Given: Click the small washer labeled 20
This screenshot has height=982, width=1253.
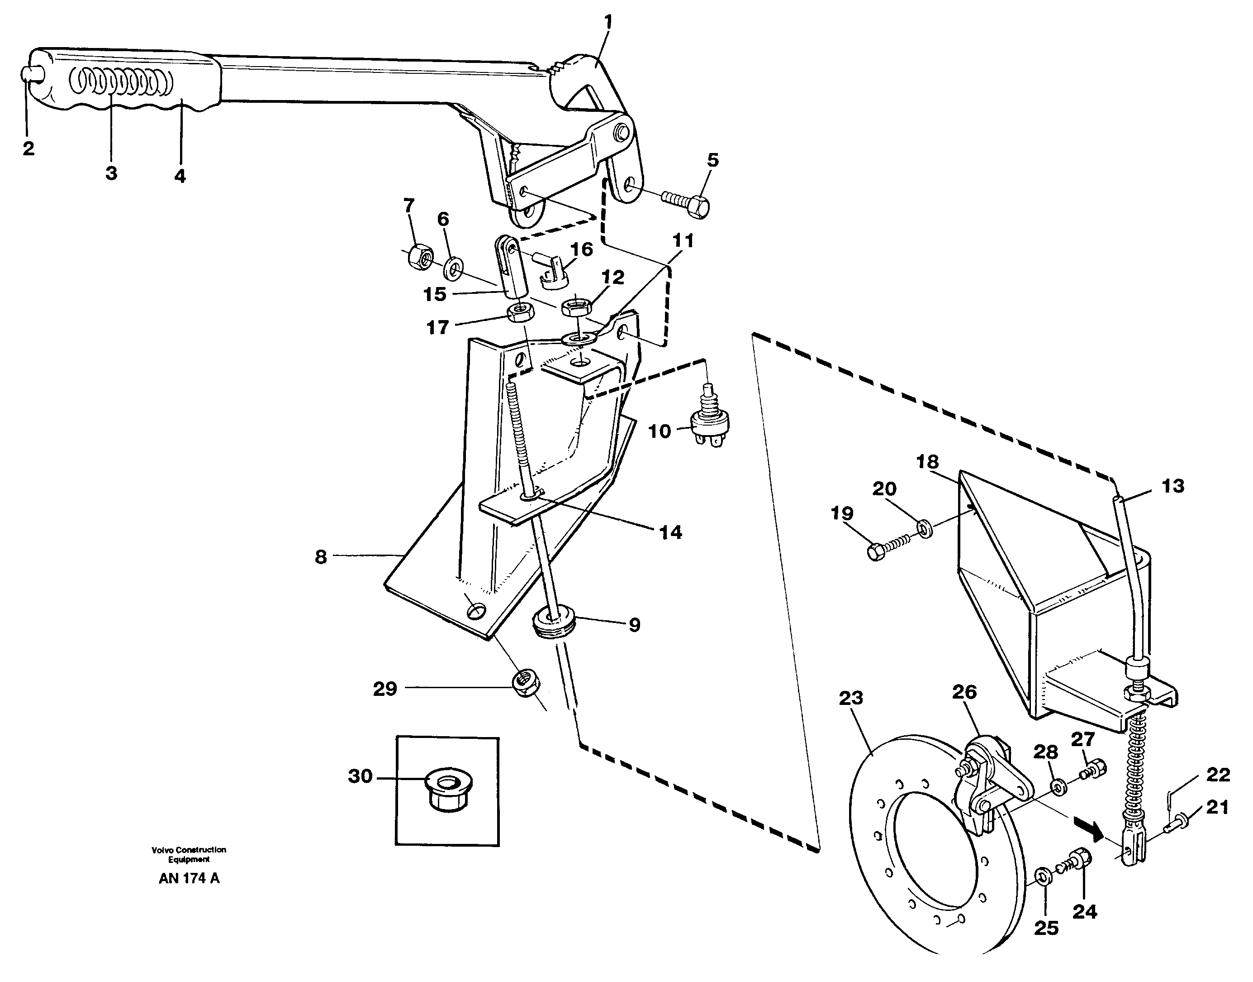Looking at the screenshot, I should click(x=925, y=528).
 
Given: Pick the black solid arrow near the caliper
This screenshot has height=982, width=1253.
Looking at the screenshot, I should click(x=1089, y=831).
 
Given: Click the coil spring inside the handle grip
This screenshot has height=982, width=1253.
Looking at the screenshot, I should click(x=121, y=83).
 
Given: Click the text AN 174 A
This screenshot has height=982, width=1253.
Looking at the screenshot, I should click(x=189, y=878).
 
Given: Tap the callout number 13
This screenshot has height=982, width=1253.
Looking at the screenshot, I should click(x=1172, y=486).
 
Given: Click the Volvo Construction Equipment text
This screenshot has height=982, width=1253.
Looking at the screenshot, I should click(x=189, y=854).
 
